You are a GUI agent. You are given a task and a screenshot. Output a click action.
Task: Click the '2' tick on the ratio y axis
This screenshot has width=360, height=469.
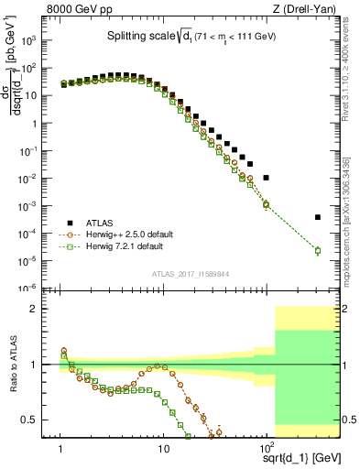click(42, 309)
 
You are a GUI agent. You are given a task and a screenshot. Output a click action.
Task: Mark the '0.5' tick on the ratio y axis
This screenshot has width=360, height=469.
click(38, 420)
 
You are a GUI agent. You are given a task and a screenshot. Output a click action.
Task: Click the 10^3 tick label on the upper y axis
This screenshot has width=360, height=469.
click(38, 41)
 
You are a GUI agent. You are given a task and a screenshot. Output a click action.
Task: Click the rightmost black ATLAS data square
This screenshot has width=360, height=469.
click(318, 217)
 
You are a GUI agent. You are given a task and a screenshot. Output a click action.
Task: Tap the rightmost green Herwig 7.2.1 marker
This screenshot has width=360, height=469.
click(318, 251)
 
